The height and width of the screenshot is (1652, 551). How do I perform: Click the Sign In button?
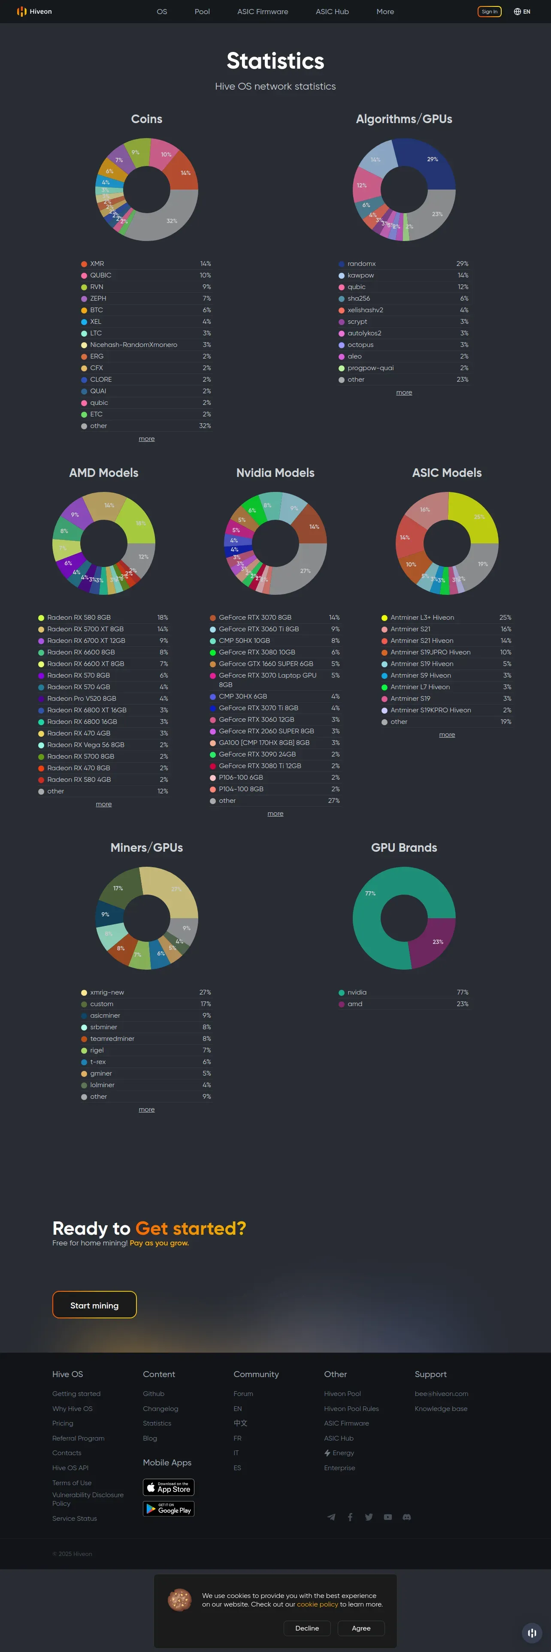[x=490, y=12]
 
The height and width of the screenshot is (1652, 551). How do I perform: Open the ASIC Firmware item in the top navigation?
[x=262, y=12]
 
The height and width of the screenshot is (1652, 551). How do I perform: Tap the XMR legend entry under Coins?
[x=97, y=264]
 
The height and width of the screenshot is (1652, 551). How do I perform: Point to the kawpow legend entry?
[x=360, y=275]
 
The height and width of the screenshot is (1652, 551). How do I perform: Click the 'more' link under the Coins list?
[x=146, y=439]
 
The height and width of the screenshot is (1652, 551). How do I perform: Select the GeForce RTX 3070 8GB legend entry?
[x=254, y=618]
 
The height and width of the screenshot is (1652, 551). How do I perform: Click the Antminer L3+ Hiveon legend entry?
[x=422, y=618]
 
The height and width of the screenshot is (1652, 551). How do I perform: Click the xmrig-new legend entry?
[x=106, y=992]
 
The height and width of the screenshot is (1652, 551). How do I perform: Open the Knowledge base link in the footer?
[x=441, y=1409]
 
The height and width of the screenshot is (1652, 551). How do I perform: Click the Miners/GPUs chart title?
[x=146, y=847]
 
